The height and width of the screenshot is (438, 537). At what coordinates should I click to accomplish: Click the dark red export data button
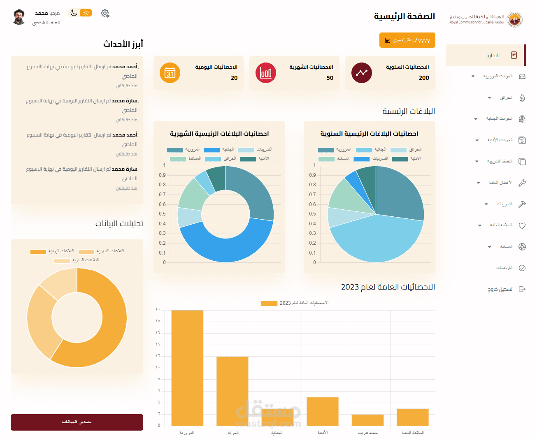77,422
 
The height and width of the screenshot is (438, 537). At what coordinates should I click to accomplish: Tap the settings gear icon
105,14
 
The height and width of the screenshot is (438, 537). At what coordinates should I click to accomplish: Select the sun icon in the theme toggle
86,13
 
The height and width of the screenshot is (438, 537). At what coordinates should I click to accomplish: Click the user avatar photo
19,17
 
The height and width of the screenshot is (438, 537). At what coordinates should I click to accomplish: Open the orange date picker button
407,40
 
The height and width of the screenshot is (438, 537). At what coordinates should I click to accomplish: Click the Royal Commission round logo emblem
514,19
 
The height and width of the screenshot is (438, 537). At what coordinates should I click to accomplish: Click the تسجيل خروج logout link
500,289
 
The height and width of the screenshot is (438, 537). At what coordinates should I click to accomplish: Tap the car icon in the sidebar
522,76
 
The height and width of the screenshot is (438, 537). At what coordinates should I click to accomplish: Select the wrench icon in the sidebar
522,183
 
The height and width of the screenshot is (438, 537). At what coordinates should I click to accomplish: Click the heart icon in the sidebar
522,225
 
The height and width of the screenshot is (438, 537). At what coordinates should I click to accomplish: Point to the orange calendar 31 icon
170,73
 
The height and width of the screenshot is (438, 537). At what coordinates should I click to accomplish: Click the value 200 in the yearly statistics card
424,78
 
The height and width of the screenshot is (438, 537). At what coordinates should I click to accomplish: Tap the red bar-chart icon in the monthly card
266,73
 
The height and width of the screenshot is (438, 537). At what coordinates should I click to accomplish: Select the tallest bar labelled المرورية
187,368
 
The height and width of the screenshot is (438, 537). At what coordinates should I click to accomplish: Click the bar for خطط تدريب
367,420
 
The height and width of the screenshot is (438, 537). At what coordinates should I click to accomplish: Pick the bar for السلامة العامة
413,417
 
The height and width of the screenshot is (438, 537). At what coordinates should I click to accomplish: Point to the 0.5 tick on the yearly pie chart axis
313,214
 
